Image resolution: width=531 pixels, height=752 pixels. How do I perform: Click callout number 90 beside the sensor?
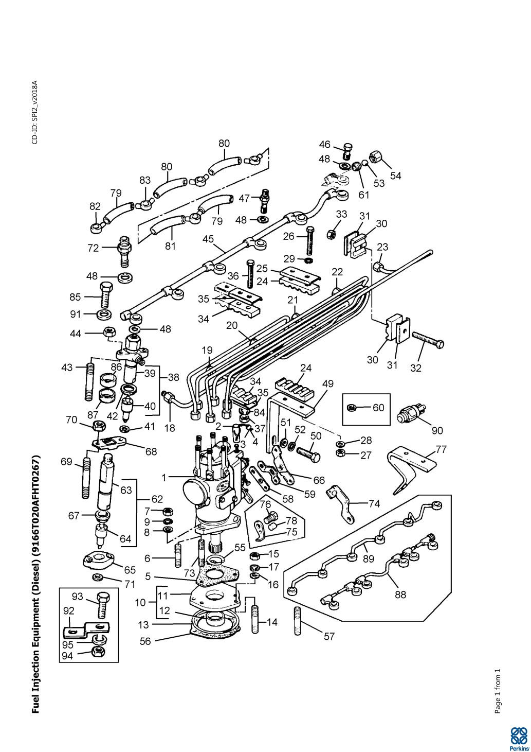[437, 430]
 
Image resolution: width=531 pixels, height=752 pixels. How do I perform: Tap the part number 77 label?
[441, 449]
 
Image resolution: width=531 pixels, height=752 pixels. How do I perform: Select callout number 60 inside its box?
[378, 408]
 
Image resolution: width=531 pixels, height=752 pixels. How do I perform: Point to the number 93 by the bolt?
[78, 596]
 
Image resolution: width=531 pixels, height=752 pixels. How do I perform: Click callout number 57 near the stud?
[329, 637]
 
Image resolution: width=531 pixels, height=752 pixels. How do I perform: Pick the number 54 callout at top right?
[395, 176]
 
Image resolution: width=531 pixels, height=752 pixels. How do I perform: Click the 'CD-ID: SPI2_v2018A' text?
[35, 112]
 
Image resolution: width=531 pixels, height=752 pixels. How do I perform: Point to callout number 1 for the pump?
[164, 478]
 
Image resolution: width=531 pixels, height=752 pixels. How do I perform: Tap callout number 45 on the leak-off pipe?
[208, 239]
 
